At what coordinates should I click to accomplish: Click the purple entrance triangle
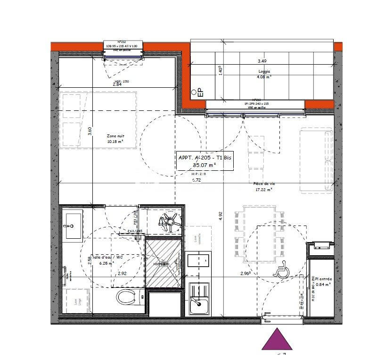(x=277, y=340)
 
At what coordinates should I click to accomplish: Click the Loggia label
(x=265, y=72)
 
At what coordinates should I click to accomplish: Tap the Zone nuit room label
(x=115, y=136)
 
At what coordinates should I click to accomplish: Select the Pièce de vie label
(x=264, y=185)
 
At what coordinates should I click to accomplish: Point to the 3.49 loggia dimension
(x=262, y=61)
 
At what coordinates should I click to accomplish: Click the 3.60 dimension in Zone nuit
(x=89, y=131)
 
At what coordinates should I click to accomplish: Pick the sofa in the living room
(x=316, y=161)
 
